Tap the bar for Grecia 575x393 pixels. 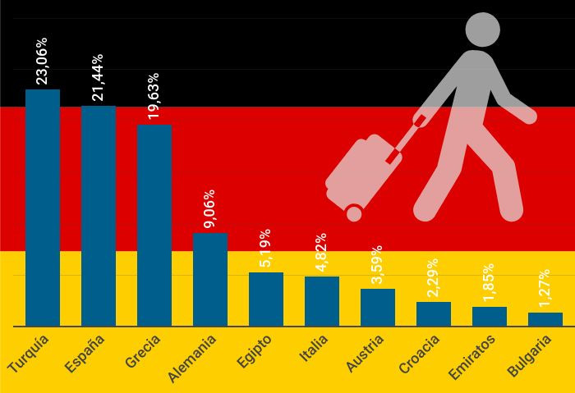(154, 226)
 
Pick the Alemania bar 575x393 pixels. (210, 280)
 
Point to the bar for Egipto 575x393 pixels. (266, 299)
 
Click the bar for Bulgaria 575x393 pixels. (545, 319)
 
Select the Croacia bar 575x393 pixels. (434, 314)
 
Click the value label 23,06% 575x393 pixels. (42, 60)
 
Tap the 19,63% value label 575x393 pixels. (154, 96)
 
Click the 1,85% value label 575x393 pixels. (489, 284)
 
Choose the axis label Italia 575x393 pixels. (314, 348)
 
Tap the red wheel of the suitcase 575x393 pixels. (354, 213)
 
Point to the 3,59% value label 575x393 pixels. (377, 264)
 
